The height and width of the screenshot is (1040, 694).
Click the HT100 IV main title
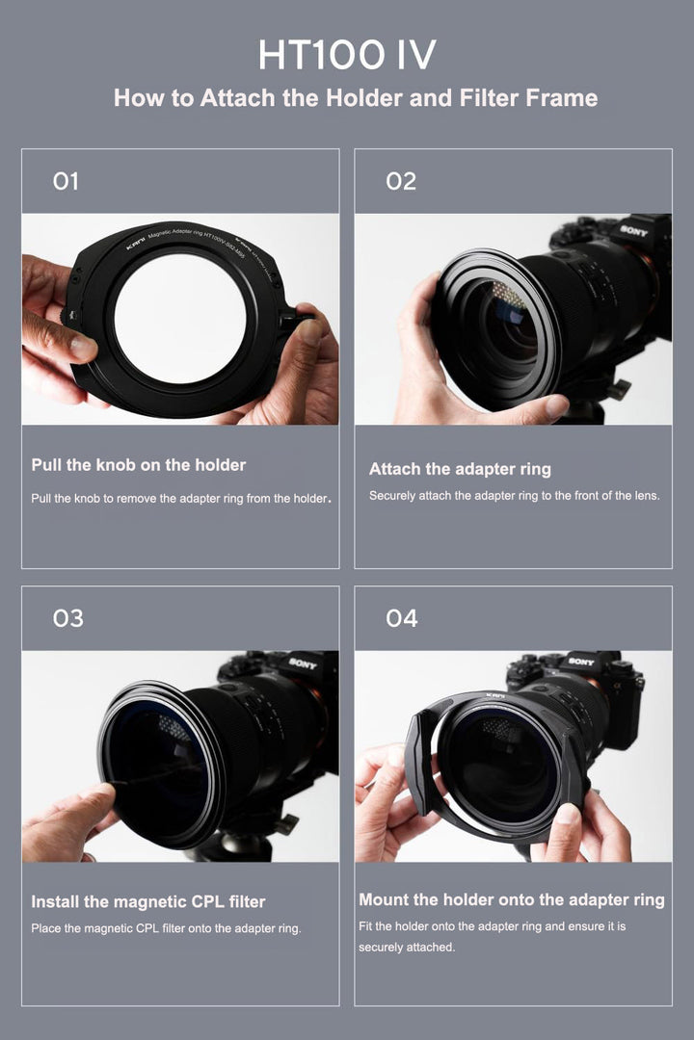coord(347,54)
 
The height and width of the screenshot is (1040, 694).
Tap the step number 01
coord(66,181)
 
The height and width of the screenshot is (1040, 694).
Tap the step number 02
coord(401,181)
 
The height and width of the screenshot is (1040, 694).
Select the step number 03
coord(68,618)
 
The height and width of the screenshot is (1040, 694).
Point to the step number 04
coord(402,618)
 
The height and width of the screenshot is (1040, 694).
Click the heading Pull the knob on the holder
coord(139,465)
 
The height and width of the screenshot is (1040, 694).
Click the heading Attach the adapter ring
coord(460,469)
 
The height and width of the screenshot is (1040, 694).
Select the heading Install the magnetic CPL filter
coord(148,902)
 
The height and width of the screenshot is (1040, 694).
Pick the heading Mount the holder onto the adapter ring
coord(512,899)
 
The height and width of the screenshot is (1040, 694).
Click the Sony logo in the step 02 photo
coord(633,231)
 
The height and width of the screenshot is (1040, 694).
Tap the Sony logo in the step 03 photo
coord(303,663)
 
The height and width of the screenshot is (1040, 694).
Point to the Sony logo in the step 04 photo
coord(581,662)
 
